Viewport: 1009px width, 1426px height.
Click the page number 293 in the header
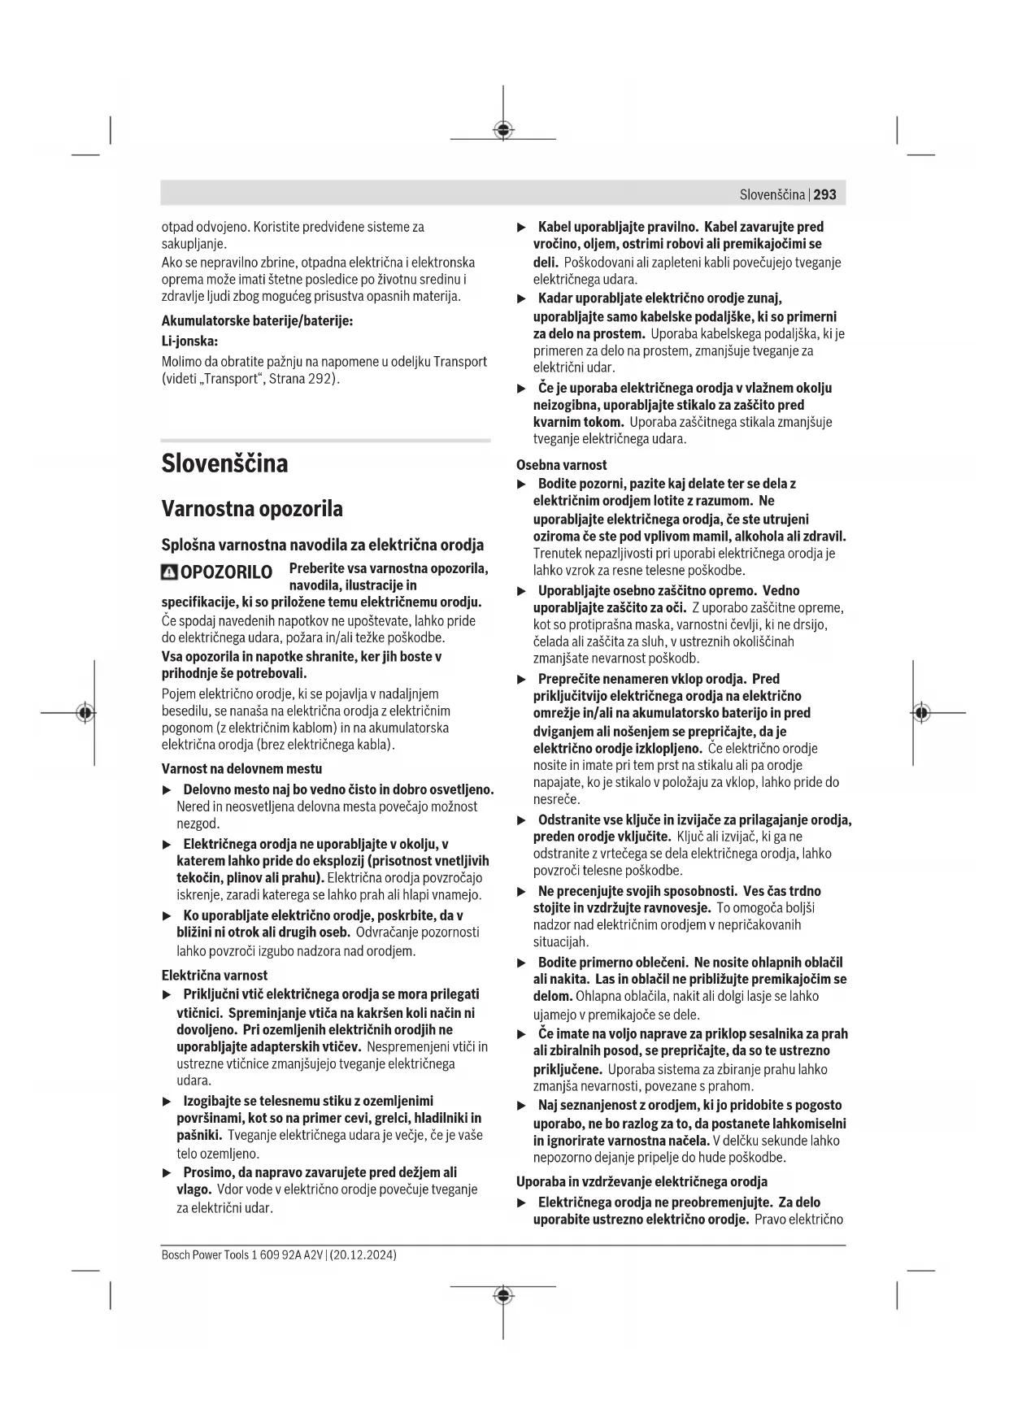824,194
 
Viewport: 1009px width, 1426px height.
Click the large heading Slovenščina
224,463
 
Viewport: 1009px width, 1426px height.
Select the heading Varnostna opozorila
252,509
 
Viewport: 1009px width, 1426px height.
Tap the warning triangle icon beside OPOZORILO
169,572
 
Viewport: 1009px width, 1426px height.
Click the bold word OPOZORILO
226,572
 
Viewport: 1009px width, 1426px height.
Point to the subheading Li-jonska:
189,341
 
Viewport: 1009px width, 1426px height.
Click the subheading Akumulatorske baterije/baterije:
257,321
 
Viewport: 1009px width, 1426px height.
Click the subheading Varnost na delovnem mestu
241,768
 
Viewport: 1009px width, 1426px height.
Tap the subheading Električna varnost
215,975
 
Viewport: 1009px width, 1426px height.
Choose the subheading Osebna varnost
562,465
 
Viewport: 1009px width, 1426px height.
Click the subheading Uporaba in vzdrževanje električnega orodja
641,1181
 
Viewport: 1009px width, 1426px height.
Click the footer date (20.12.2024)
363,1255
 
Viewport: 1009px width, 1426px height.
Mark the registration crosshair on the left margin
85,712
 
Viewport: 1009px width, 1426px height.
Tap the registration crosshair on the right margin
920,712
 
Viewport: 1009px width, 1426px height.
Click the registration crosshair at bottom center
503,1294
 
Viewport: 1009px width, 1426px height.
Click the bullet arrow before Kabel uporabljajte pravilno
523,227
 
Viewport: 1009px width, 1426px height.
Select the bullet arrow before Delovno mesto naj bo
167,789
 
